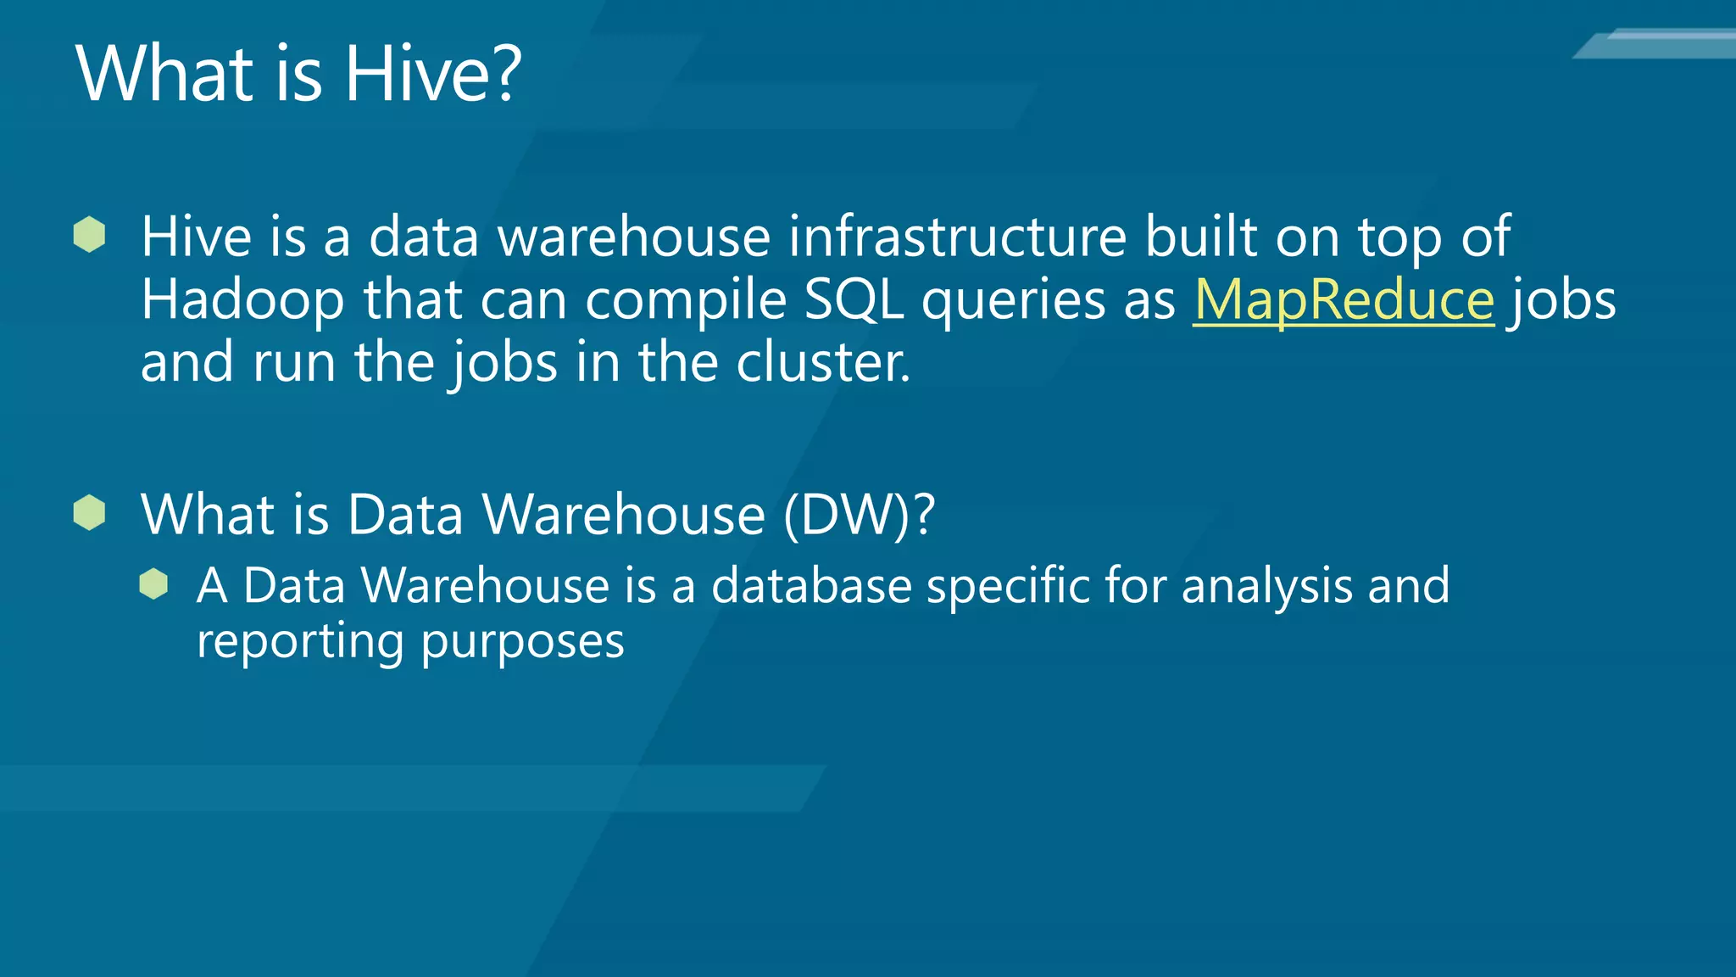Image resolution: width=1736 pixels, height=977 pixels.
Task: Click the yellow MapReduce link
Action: click(1344, 300)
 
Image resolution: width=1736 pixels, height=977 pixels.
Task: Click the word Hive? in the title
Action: click(432, 74)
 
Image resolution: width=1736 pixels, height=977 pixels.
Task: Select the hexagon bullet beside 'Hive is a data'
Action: click(89, 234)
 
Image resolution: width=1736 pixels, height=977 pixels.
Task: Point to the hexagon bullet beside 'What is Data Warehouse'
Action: click(89, 512)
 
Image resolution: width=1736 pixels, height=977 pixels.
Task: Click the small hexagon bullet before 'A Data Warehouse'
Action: click(153, 583)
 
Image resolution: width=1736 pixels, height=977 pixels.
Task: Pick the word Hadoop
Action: click(242, 300)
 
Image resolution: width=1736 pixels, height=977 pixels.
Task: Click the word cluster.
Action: click(822, 363)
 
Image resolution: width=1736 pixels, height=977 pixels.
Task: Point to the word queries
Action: click(1013, 302)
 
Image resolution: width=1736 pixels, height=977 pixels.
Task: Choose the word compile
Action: click(686, 302)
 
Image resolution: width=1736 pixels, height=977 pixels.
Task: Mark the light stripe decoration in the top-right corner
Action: click(1657, 43)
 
